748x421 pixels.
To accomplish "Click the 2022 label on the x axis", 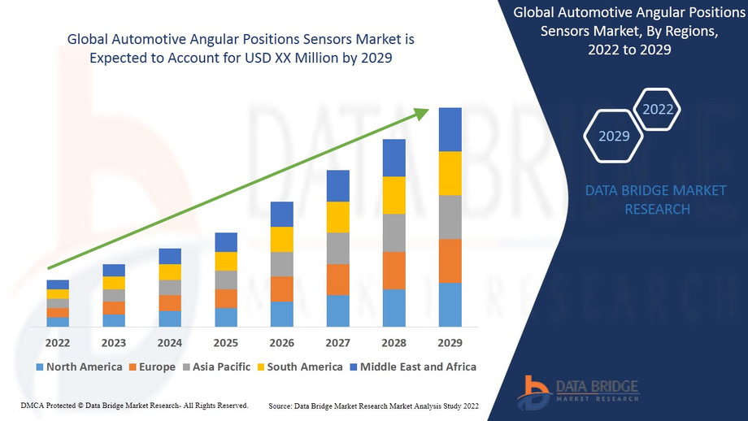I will coord(58,342).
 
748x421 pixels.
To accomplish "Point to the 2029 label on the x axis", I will coord(450,342).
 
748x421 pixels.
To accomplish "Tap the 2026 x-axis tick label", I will coord(281,342).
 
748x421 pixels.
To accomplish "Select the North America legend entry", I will coord(78,367).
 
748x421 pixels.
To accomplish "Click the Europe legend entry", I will coord(151,367).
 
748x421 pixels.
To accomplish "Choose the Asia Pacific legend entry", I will coord(216,367).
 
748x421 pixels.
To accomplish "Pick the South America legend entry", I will coord(298,367).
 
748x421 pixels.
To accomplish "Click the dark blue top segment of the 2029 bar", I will coord(450,129).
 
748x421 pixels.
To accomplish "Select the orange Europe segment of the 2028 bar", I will coord(394,271).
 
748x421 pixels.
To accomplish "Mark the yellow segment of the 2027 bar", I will coord(337,217).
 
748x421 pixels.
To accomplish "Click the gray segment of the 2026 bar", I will coord(281,264).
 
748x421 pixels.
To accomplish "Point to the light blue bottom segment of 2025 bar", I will coord(226,317).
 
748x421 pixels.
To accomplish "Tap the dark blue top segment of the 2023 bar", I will coord(114,270).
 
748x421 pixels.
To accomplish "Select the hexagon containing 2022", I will coord(657,109).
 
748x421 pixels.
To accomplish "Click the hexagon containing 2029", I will coord(614,136).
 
